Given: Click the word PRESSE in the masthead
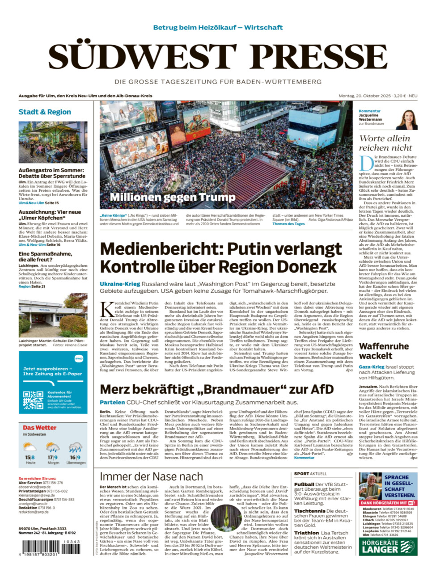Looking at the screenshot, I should [x=318, y=57].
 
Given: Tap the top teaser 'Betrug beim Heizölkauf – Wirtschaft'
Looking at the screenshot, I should [x=218, y=27].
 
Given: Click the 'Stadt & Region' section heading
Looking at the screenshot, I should [x=45, y=112].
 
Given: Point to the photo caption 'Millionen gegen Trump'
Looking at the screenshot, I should [x=172, y=197].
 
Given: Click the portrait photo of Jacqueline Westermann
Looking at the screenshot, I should [x=407, y=120].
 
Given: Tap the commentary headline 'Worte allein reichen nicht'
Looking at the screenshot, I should [x=385, y=143].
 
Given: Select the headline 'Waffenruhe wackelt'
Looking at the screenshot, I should [x=384, y=351].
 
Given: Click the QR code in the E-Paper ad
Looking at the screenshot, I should [x=33, y=400].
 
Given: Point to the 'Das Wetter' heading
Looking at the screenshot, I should [x=39, y=427].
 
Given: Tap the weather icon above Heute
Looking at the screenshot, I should [x=30, y=447].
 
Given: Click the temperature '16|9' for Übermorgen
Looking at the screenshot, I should [x=75, y=458].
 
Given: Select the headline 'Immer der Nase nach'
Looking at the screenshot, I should [x=151, y=476].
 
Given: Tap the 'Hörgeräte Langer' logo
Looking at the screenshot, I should [x=388, y=547].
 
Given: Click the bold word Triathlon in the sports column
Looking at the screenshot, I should [x=306, y=533].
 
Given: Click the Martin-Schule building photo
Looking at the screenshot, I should [x=53, y=319].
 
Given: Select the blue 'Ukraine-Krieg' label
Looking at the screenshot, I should [x=120, y=284].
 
